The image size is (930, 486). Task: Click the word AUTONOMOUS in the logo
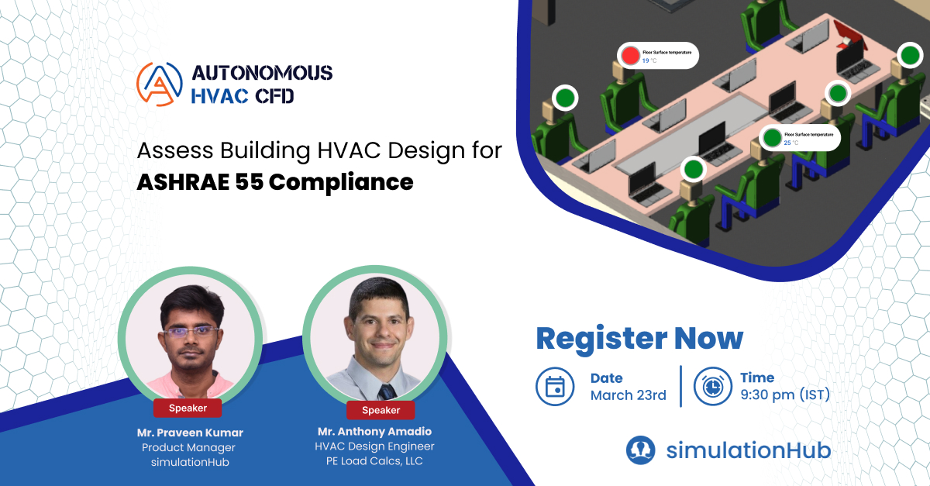point(262,74)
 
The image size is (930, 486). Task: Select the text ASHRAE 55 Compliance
point(275,182)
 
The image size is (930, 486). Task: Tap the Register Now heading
point(639,339)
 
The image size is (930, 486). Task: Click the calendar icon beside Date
point(555,386)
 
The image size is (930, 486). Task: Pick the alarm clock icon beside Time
point(712,386)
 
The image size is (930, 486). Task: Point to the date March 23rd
point(628,395)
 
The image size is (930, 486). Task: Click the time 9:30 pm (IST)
point(784,395)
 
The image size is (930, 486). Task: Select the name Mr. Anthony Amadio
point(374,431)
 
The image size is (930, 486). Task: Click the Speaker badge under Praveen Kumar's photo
point(187,408)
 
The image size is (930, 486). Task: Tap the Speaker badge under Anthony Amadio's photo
point(381,410)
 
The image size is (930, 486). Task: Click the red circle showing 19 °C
point(631,55)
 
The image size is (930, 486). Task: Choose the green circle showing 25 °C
point(771,138)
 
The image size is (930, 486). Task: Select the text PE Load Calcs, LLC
point(374,462)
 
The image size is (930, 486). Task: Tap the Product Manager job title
point(188,447)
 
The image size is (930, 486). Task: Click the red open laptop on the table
point(850,35)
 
